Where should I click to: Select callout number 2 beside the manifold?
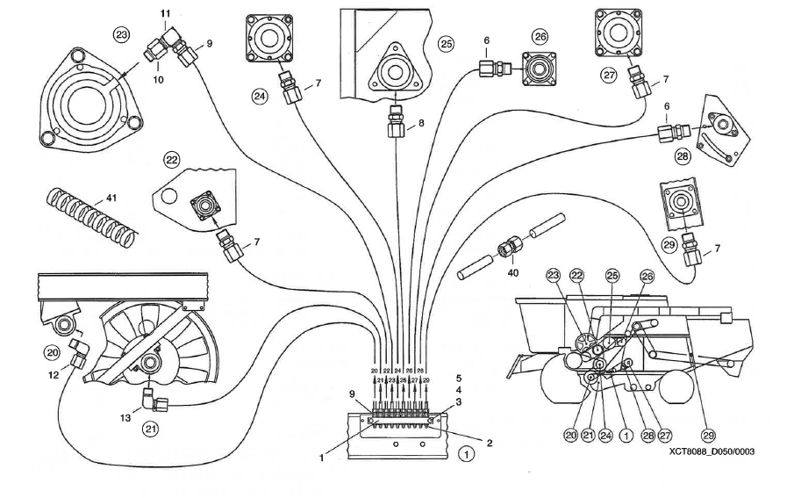click(x=489, y=444)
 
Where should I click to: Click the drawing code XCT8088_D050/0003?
click(x=711, y=451)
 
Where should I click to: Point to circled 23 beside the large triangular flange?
click(x=122, y=34)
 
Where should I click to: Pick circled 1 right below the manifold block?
click(x=466, y=454)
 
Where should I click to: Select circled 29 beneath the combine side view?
click(x=709, y=433)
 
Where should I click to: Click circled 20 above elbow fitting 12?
click(x=51, y=351)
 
